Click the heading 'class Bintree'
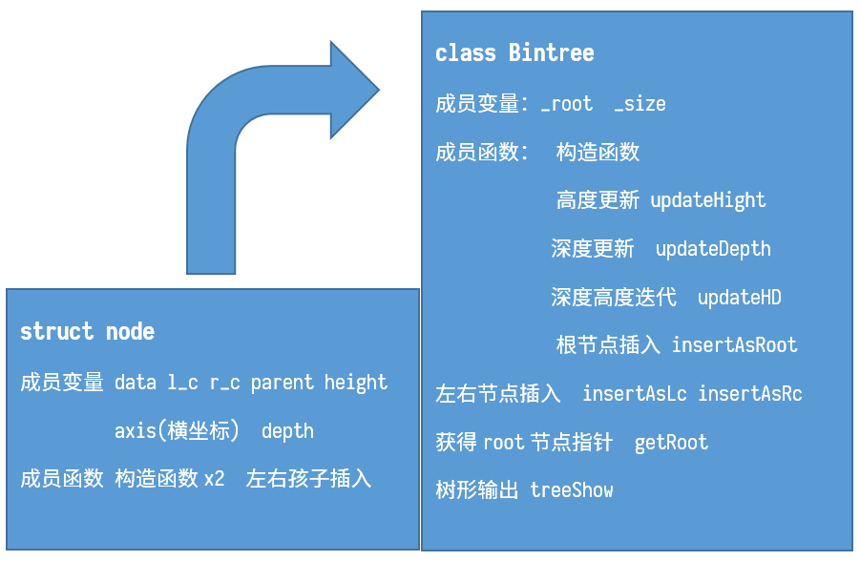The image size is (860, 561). [x=514, y=53]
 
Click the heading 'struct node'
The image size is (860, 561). [x=87, y=332]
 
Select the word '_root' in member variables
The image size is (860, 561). [x=566, y=104]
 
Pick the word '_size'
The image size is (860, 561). [x=640, y=104]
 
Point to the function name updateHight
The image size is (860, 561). [x=707, y=200]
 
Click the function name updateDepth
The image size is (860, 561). [x=713, y=249]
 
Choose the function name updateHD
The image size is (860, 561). [x=739, y=298]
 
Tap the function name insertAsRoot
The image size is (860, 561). [x=734, y=345]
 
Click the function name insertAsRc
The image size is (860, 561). [x=749, y=394]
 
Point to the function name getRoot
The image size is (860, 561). [x=671, y=443]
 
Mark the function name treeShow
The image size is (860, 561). [x=572, y=491]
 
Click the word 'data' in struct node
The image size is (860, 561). [x=135, y=383]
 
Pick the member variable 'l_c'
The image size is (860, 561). [x=183, y=383]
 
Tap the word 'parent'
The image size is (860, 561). [x=282, y=383]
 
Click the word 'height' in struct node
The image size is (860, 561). [x=355, y=383]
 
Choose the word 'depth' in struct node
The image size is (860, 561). [x=287, y=431]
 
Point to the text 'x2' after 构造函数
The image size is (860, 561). [x=214, y=479]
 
